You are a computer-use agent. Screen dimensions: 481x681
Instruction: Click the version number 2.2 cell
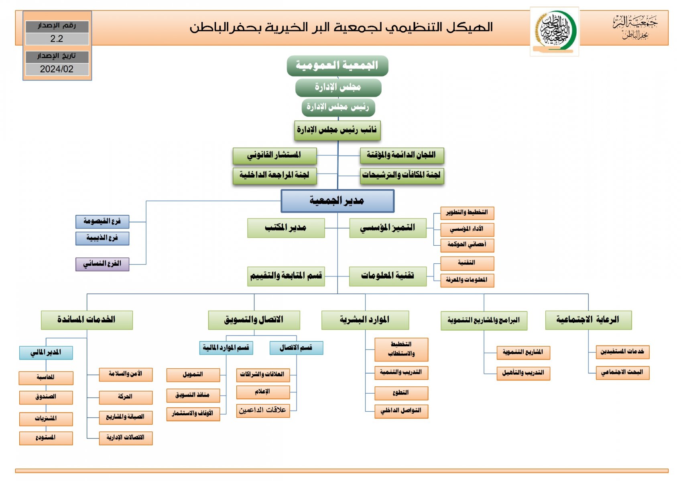point(57,39)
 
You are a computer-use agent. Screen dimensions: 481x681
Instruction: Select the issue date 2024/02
point(57,69)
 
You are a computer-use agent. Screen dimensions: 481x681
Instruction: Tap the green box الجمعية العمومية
point(337,65)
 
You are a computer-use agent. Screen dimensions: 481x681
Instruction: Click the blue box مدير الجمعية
point(337,201)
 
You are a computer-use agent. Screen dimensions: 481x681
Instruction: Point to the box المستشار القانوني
point(274,156)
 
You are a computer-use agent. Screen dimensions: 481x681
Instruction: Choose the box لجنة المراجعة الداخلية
point(274,175)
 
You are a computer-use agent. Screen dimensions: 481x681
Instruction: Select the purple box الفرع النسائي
point(102,264)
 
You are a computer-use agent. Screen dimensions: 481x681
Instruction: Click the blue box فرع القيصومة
point(102,221)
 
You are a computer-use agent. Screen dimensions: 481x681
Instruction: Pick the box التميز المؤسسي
point(387,228)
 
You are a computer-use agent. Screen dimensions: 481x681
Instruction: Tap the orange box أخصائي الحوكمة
point(467,245)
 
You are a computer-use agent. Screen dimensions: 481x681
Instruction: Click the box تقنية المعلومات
point(387,276)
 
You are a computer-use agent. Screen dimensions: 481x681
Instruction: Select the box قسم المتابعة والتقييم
point(286,276)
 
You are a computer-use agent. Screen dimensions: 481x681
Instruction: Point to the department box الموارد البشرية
point(365,320)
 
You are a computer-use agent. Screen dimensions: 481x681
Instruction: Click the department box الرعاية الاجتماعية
point(588,320)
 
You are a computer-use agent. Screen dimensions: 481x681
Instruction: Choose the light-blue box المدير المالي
point(46,353)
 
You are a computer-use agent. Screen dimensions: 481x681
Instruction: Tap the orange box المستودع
point(46,438)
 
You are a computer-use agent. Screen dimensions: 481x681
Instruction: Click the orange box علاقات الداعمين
point(263,410)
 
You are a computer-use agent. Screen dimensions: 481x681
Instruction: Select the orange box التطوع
point(401,393)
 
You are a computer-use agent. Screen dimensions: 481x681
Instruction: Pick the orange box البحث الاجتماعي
point(622,372)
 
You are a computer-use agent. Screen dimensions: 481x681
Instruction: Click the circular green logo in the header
point(555,30)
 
